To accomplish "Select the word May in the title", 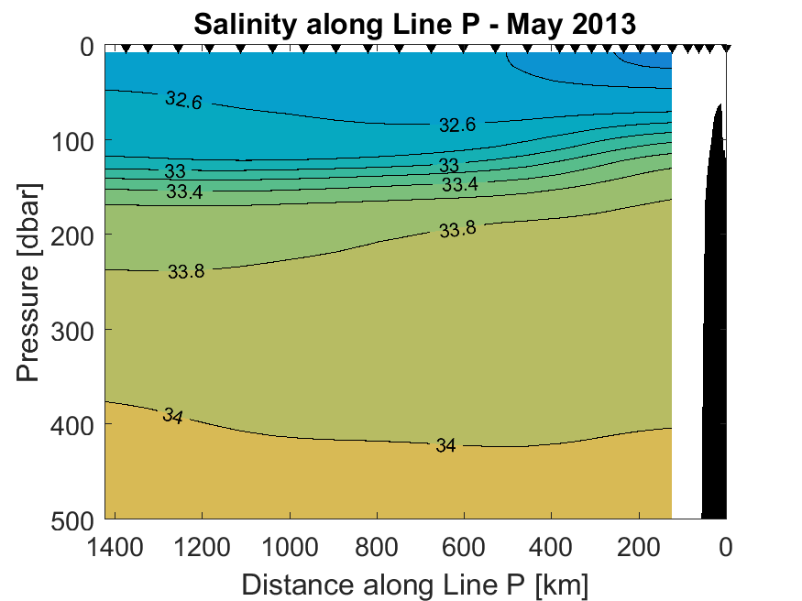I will (x=523, y=23).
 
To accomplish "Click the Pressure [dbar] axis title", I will (x=29, y=283).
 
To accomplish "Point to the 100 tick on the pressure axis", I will (x=72, y=140).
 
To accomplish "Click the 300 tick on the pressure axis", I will (x=72, y=330).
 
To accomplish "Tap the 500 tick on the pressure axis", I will (x=72, y=519).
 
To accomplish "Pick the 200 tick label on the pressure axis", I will (x=72, y=235).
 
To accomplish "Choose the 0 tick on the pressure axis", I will (x=87, y=46).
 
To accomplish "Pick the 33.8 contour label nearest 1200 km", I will (x=187, y=271).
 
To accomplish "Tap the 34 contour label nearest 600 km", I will (x=445, y=446).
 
